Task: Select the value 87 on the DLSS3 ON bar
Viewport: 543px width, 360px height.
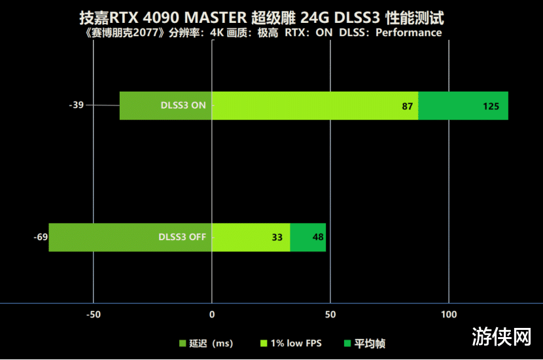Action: click(407, 107)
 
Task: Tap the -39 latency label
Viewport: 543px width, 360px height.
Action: click(77, 105)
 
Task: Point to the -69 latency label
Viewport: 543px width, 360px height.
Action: click(41, 237)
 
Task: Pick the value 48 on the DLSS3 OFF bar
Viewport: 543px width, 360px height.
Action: click(319, 238)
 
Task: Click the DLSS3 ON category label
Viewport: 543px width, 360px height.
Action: click(183, 105)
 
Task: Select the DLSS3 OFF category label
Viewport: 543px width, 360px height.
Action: click(182, 237)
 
